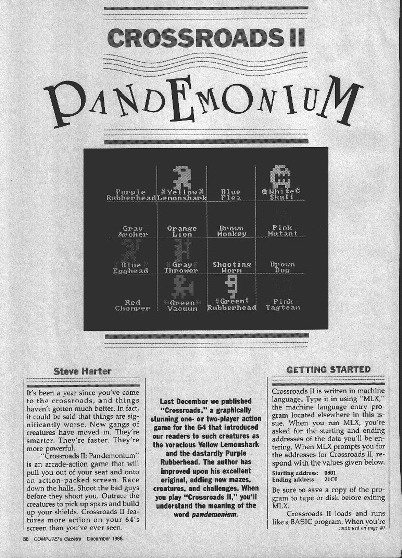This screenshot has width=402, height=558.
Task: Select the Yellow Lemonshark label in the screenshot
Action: pos(181,195)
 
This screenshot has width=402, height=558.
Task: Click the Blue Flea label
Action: pos(231,195)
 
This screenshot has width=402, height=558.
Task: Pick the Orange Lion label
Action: pos(181,231)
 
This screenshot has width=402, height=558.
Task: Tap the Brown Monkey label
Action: pos(232,231)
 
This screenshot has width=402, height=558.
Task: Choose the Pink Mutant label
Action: pos(282,231)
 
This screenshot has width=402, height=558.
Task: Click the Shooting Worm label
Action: pos(232,267)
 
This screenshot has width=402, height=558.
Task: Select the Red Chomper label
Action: pos(132,305)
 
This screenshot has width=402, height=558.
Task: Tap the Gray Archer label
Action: pos(133,231)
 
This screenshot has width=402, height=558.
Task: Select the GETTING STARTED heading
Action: pos(329,369)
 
